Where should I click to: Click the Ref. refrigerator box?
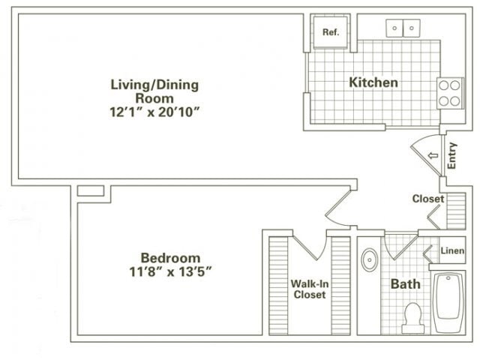coord(329,32)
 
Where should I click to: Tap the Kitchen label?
coord(373,82)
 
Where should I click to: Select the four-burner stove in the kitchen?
coord(450,93)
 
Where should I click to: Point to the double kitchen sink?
coord(403,28)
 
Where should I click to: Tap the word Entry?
coord(452,155)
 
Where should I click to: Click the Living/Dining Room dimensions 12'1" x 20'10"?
coord(155,112)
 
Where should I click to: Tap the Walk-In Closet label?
coord(308,289)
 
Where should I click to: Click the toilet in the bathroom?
coord(411,318)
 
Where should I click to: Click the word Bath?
coord(405,284)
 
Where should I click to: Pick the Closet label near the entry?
coord(428,199)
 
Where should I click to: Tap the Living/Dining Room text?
coord(155,91)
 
